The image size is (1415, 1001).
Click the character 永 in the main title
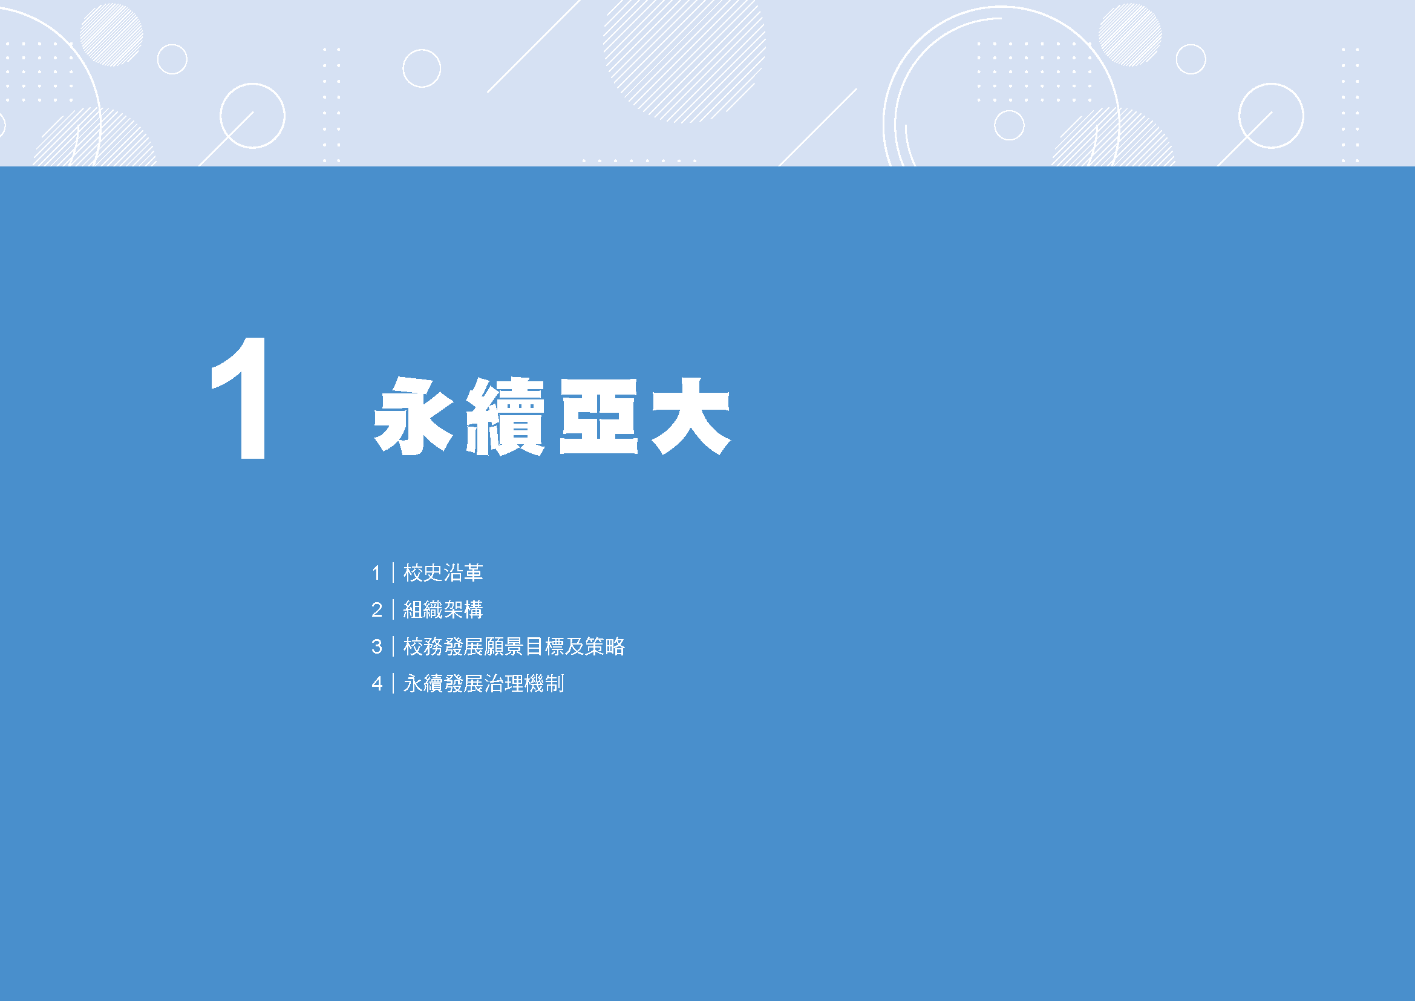point(414,416)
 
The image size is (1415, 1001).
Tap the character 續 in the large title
point(505,416)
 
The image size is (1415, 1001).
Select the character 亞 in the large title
point(598,416)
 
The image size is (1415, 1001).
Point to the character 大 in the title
point(691,416)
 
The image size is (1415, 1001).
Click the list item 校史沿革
point(442,573)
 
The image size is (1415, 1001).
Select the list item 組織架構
point(442,609)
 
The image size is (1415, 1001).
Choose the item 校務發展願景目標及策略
point(514,646)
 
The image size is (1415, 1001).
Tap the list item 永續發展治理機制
point(483,683)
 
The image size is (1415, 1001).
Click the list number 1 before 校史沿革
point(376,573)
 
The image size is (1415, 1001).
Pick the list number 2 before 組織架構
point(376,610)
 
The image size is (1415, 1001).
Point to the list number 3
point(376,647)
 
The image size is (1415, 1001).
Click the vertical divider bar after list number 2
point(393,609)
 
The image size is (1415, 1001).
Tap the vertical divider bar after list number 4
point(393,683)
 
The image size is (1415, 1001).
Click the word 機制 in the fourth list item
point(544,683)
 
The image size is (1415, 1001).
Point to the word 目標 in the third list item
point(544,646)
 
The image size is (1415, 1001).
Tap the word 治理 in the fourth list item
point(503,683)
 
